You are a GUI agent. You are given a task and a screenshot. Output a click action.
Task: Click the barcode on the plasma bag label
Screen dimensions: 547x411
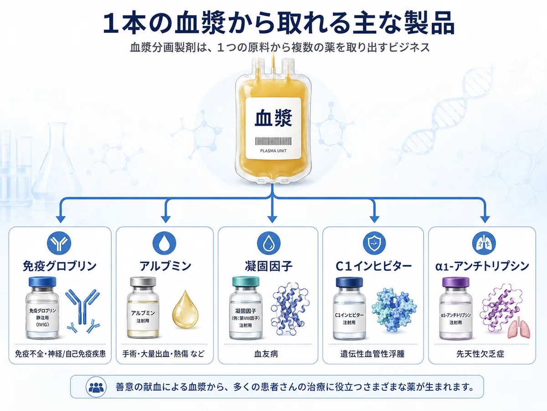tap(273, 141)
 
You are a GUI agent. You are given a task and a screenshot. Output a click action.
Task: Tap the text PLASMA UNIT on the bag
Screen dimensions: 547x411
tap(273, 151)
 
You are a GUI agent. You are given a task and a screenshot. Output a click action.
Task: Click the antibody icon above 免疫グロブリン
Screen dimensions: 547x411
tap(59, 243)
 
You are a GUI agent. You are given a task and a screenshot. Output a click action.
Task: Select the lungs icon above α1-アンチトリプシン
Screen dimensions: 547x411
tap(484, 243)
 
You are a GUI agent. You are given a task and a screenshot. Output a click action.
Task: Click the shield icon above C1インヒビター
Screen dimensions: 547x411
tap(374, 243)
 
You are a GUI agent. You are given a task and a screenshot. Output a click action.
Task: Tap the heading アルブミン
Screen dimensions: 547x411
tap(165, 266)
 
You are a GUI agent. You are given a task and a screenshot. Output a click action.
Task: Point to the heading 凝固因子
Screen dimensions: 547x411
tap(268, 266)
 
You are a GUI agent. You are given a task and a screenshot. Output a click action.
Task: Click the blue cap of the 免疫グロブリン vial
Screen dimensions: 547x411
tap(42, 282)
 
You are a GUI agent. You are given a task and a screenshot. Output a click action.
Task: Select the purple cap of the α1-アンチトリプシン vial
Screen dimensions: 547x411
tap(455, 282)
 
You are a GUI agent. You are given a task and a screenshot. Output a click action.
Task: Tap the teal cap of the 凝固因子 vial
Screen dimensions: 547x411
tap(246, 281)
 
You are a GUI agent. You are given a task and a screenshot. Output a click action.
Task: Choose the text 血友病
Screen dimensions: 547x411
tap(266, 354)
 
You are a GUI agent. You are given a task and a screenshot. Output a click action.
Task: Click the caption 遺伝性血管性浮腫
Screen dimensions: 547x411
tap(372, 354)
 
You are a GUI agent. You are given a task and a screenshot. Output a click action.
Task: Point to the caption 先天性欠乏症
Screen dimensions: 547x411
tap(480, 354)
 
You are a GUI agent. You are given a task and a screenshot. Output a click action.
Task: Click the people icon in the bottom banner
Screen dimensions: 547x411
tap(96, 387)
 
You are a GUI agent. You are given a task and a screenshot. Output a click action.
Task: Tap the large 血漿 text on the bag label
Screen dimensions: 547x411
tap(273, 118)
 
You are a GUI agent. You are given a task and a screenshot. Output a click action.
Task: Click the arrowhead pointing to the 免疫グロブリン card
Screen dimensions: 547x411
tap(61, 219)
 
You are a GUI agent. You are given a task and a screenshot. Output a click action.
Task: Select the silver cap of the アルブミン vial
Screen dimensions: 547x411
tap(143, 282)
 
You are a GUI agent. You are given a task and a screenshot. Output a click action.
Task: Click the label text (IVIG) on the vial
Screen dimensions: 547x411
tap(42, 325)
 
